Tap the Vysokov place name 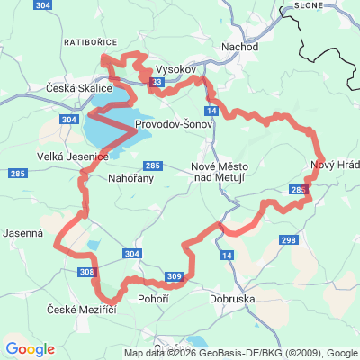point(175,68)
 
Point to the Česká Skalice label point(79,88)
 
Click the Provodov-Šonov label point(173,124)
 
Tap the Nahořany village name point(131,178)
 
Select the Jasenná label point(23,231)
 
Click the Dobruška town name point(232,298)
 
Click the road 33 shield point(157,83)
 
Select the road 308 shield point(86,272)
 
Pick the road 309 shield point(175,276)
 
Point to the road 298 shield point(288,240)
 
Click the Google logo point(30,349)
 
